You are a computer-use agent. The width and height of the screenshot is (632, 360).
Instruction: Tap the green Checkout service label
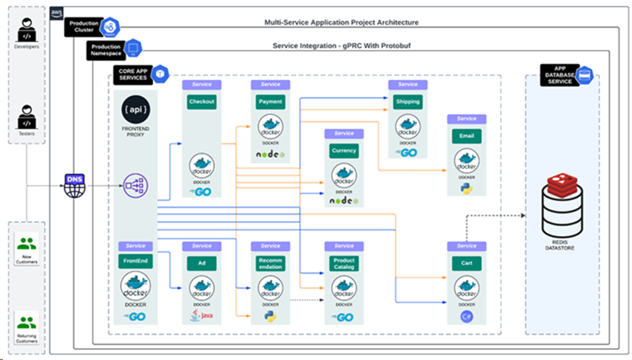pyautogui.click(x=202, y=102)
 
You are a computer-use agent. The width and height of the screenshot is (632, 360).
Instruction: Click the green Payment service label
pyautogui.click(x=270, y=102)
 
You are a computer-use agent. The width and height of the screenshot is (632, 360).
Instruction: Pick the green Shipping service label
pyautogui.click(x=407, y=102)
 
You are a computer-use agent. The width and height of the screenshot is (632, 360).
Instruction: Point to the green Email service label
pyautogui.click(x=467, y=136)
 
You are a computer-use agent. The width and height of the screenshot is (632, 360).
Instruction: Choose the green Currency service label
pyautogui.click(x=343, y=151)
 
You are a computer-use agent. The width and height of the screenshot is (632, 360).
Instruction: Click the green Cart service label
pyautogui.click(x=467, y=263)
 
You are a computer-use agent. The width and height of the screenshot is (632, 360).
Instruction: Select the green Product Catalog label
pyautogui.click(x=343, y=264)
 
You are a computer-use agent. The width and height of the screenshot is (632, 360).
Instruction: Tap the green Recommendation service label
pyautogui.click(x=270, y=264)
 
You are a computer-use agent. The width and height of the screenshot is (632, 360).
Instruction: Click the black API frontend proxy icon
pyautogui.click(x=136, y=110)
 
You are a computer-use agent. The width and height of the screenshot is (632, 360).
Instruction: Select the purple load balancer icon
pyautogui.click(x=136, y=186)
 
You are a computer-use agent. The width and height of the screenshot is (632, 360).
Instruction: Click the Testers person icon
pyautogui.click(x=27, y=116)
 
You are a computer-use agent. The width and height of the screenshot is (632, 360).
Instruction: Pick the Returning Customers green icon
pyautogui.click(x=27, y=323)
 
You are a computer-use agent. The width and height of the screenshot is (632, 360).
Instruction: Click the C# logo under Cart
pyautogui.click(x=467, y=317)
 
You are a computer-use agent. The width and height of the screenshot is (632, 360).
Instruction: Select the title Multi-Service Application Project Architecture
pyautogui.click(x=341, y=22)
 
